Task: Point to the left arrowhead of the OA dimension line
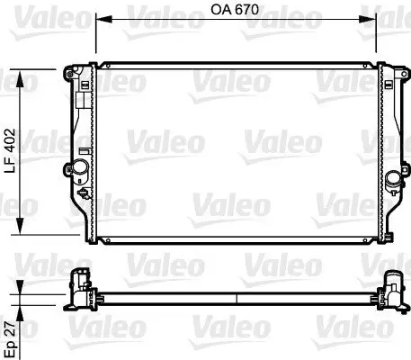(x=100, y=19)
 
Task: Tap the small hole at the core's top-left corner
(x=102, y=68)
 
